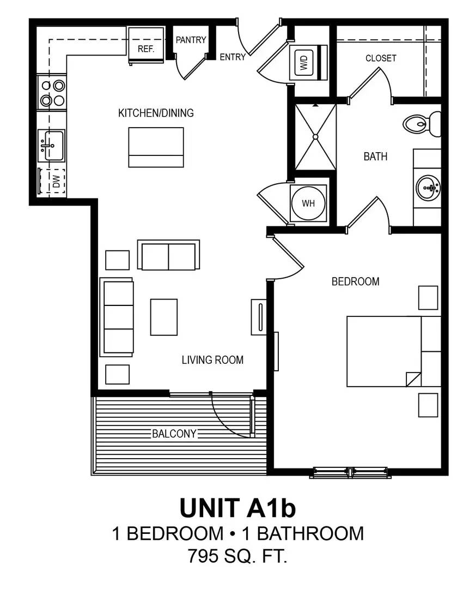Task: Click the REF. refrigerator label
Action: pyautogui.click(x=146, y=49)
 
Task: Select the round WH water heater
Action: pyautogui.click(x=308, y=203)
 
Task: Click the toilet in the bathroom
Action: pyautogui.click(x=423, y=124)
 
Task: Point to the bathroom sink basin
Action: pyautogui.click(x=428, y=189)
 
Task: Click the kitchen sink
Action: pyautogui.click(x=51, y=146)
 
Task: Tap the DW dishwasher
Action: pyautogui.click(x=52, y=182)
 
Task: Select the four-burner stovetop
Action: pyautogui.click(x=52, y=93)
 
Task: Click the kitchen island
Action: pyautogui.click(x=156, y=147)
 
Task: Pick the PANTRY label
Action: pyautogui.click(x=191, y=40)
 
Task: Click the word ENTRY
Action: pyautogui.click(x=233, y=57)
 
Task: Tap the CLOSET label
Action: pyautogui.click(x=381, y=58)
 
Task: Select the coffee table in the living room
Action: pyautogui.click(x=164, y=317)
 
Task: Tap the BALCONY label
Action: pyautogui.click(x=174, y=434)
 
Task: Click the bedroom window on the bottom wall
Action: pyautogui.click(x=350, y=472)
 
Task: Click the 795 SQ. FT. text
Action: pyautogui.click(x=237, y=557)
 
